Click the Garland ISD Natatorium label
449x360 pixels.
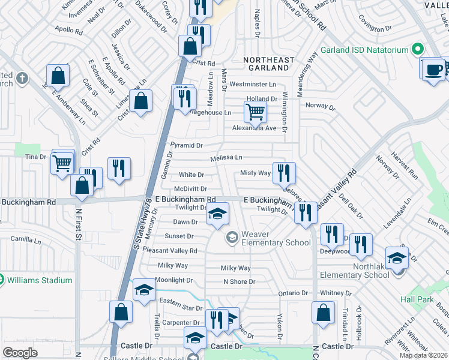coord(365,49)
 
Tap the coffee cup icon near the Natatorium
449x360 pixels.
coord(432,69)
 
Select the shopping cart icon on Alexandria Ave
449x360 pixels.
coord(256,112)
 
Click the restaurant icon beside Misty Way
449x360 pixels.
coord(283,173)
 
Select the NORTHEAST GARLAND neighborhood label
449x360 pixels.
coord(269,64)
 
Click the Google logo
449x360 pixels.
coord(20,352)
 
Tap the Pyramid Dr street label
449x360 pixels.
coord(187,145)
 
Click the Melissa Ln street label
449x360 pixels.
coord(226,157)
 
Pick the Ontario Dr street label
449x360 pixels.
coord(293,293)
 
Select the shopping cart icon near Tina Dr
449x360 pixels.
coord(62,163)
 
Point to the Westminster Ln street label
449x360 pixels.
coord(253,85)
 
